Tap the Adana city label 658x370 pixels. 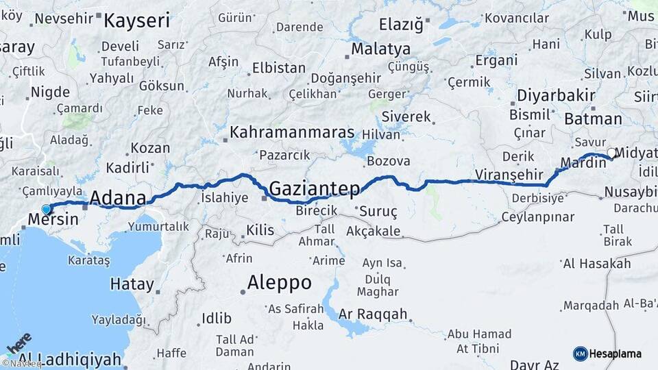(x=118, y=199)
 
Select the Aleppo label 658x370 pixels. (x=279, y=282)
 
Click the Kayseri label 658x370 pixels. (x=136, y=21)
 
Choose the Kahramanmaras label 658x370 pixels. (x=292, y=132)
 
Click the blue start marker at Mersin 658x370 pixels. (x=46, y=209)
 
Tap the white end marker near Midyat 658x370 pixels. (x=611, y=152)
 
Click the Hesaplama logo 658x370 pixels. (x=607, y=354)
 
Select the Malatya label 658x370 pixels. (x=380, y=49)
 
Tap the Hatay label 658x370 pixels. (x=132, y=284)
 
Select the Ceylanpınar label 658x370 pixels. (x=537, y=217)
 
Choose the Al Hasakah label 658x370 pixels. (x=596, y=264)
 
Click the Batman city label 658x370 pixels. (x=593, y=119)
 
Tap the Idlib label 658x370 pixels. (x=216, y=318)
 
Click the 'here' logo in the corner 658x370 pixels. (x=19, y=342)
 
